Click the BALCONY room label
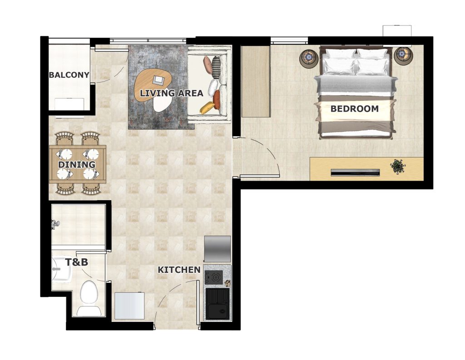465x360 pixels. pos(69,75)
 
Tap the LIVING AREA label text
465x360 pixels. pos(172,93)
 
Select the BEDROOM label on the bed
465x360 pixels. pos(354,108)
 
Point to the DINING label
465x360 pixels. pos(76,164)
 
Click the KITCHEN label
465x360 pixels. pos(179,270)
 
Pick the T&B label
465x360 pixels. pos(76,262)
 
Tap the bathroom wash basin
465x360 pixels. pos(62,269)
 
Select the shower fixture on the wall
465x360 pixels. pos(55,224)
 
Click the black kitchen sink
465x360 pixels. pos(218,304)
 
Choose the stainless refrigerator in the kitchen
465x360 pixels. pos(218,249)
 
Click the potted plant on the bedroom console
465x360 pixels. pos(398,167)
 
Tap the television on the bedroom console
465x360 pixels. pos(355,173)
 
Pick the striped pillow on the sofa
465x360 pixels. pos(216,67)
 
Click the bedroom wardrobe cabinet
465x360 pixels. pos(256,81)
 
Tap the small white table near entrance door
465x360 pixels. pos(129,306)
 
